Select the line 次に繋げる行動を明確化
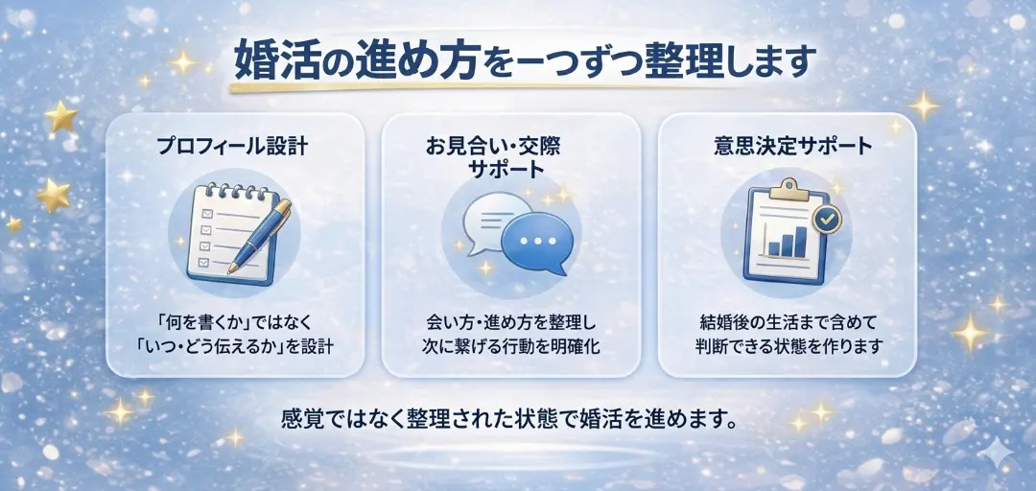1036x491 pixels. (x=511, y=345)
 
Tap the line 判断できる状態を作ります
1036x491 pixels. (x=787, y=345)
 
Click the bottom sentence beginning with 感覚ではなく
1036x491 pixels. (x=508, y=419)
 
